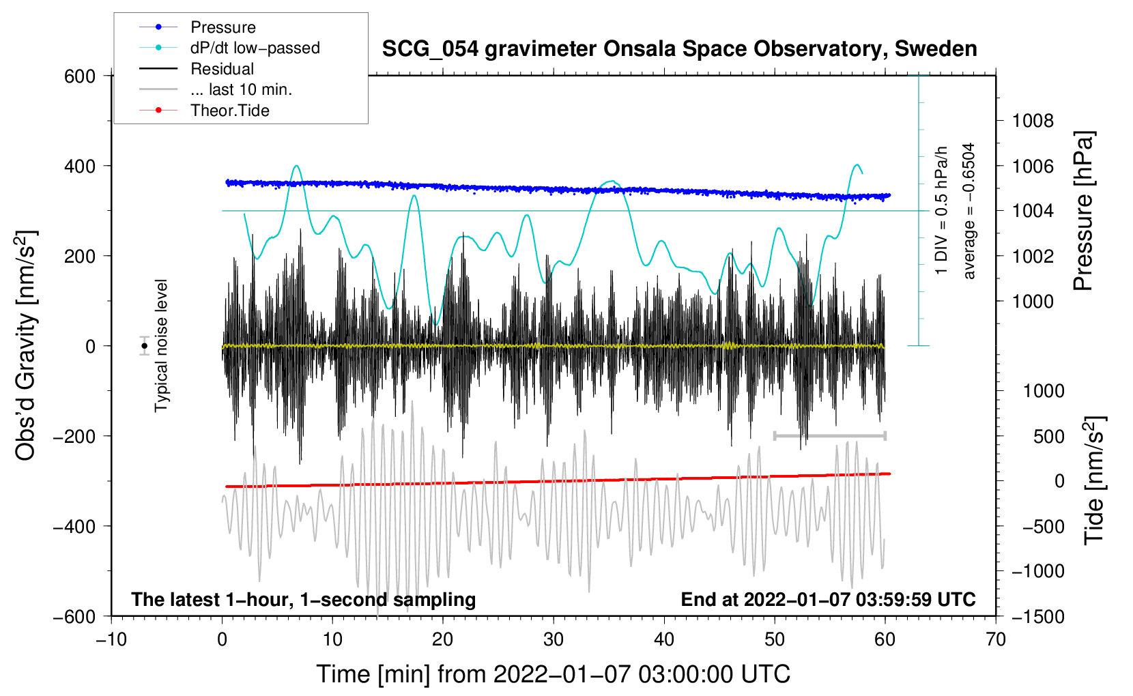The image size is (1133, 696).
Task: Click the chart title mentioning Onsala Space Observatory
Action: coord(679,49)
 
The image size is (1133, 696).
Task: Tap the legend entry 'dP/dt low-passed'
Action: coord(255,48)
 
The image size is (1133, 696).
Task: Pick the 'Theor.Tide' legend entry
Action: coord(229,111)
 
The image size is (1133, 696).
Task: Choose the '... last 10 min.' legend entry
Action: coord(241,89)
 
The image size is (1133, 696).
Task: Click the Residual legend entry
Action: coord(222,69)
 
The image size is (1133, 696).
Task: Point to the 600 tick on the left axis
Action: coord(80,76)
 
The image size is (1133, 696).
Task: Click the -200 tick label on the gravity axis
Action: coord(74,436)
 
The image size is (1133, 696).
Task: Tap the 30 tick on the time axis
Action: coord(554,639)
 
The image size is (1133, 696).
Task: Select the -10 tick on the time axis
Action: coord(111,639)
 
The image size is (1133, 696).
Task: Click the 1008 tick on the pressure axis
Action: coord(1033,121)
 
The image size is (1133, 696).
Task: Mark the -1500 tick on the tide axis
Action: coord(1037,616)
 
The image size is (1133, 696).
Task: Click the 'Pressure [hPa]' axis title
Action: coord(1083,212)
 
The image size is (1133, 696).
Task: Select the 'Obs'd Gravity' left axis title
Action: coord(26,346)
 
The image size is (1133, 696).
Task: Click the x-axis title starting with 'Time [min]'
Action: coord(553,674)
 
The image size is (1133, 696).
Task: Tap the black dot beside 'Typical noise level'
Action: coord(144,346)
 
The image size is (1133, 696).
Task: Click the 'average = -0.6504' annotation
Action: coord(969,211)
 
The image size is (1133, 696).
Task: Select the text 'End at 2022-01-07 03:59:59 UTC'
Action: coord(828,599)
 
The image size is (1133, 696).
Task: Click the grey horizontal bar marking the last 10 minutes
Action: coord(829,435)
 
